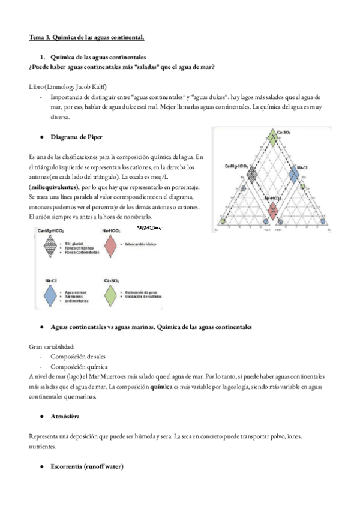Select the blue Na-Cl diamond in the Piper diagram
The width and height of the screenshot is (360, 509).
pyautogui.click(x=294, y=175)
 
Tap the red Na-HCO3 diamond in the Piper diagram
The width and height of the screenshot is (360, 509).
pyautogui.click(x=274, y=208)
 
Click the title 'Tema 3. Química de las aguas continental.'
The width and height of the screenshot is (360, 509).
pyautogui.click(x=87, y=37)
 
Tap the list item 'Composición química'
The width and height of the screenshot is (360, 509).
pyautogui.click(x=78, y=366)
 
